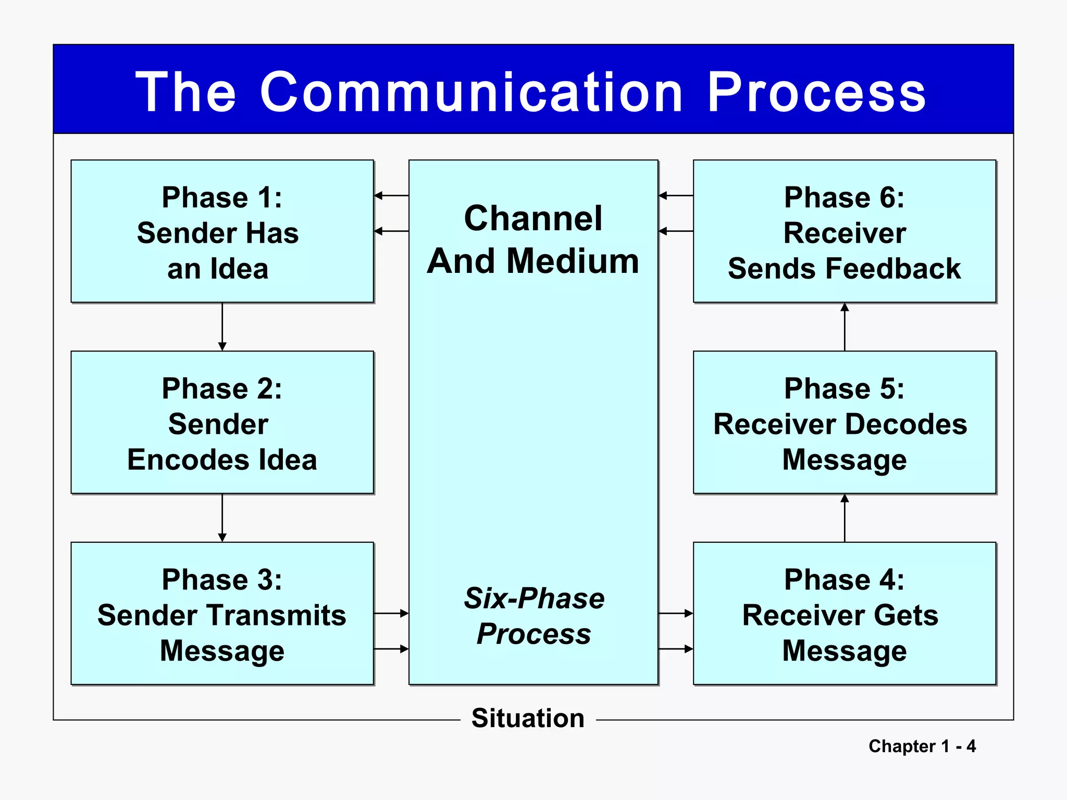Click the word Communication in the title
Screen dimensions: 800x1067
click(x=472, y=93)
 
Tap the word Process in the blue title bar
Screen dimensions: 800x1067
click(x=816, y=93)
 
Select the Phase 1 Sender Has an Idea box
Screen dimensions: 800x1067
click(x=222, y=231)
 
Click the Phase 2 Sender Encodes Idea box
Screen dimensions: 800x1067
click(x=222, y=422)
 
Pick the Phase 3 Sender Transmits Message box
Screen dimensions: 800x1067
click(x=222, y=614)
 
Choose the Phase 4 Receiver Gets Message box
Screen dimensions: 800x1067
click(x=844, y=614)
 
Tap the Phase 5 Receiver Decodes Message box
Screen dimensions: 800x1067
click(x=844, y=422)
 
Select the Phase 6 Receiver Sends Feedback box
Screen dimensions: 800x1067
click(x=844, y=231)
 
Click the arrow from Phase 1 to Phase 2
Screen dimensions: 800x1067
click(x=222, y=327)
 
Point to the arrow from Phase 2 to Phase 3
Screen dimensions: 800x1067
click(x=222, y=518)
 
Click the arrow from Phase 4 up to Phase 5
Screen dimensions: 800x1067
click(x=845, y=518)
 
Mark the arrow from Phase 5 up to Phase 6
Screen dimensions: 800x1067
click(x=845, y=327)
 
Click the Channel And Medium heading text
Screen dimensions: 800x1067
click(x=533, y=239)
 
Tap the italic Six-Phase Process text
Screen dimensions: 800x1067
click(x=533, y=616)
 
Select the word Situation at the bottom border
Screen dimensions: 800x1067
click(x=528, y=718)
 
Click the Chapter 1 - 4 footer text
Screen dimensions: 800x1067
click(x=922, y=746)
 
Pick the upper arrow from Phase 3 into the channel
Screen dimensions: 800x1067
click(x=391, y=614)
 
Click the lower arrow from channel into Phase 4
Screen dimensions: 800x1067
click(x=676, y=649)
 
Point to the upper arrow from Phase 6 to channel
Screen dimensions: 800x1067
click(x=676, y=195)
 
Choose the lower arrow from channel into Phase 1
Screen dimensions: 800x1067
click(x=391, y=231)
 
